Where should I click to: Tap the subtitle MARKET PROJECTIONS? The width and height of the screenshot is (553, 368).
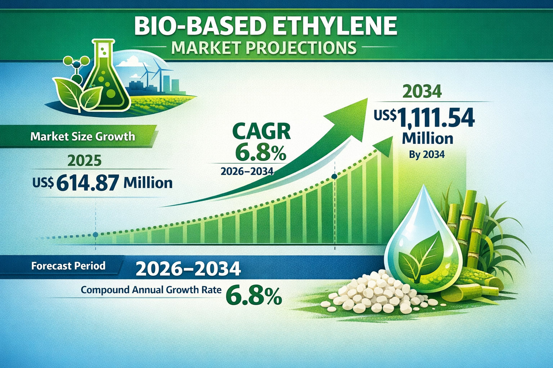pyautogui.click(x=264, y=47)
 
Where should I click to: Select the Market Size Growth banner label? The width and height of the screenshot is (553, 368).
pyautogui.click(x=83, y=136)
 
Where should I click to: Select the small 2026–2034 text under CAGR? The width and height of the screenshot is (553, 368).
pyautogui.click(x=247, y=171)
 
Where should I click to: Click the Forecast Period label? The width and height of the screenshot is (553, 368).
pyautogui.click(x=68, y=266)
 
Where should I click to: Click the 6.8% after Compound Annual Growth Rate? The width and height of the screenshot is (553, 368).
pyautogui.click(x=253, y=295)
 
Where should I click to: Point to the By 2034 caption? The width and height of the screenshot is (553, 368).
pyautogui.click(x=427, y=155)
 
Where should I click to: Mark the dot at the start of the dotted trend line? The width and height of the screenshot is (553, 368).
pyautogui.click(x=95, y=235)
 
